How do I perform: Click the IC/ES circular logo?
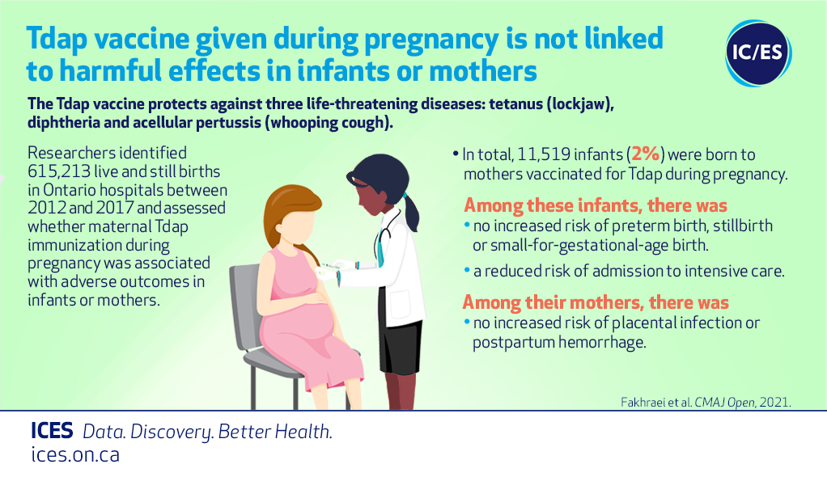(x=758, y=53)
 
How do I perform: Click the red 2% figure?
(x=646, y=154)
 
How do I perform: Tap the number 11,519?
(x=543, y=154)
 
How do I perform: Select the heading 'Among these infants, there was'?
(x=596, y=205)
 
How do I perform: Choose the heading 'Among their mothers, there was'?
(x=596, y=302)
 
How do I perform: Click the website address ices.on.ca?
(x=75, y=454)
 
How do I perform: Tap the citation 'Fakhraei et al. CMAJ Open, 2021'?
(x=706, y=403)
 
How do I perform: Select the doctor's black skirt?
(x=401, y=344)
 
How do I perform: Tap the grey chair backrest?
(x=244, y=306)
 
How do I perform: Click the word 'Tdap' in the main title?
(x=57, y=39)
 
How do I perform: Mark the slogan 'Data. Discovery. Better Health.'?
(x=207, y=432)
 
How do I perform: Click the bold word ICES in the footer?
(x=52, y=431)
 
